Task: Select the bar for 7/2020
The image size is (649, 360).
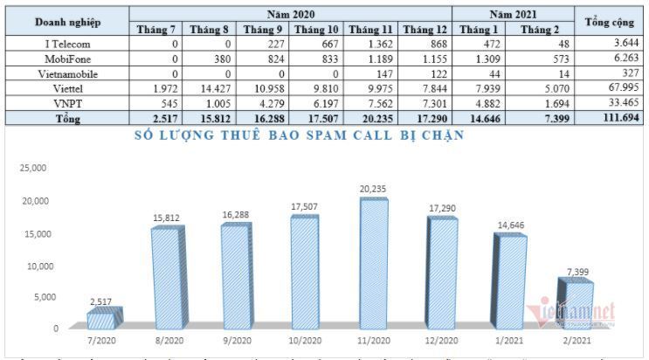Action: coord(103,319)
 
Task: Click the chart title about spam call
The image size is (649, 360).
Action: coord(299,135)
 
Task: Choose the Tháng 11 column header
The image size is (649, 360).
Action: coord(369,30)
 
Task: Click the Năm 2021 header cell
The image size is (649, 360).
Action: coord(512,15)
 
